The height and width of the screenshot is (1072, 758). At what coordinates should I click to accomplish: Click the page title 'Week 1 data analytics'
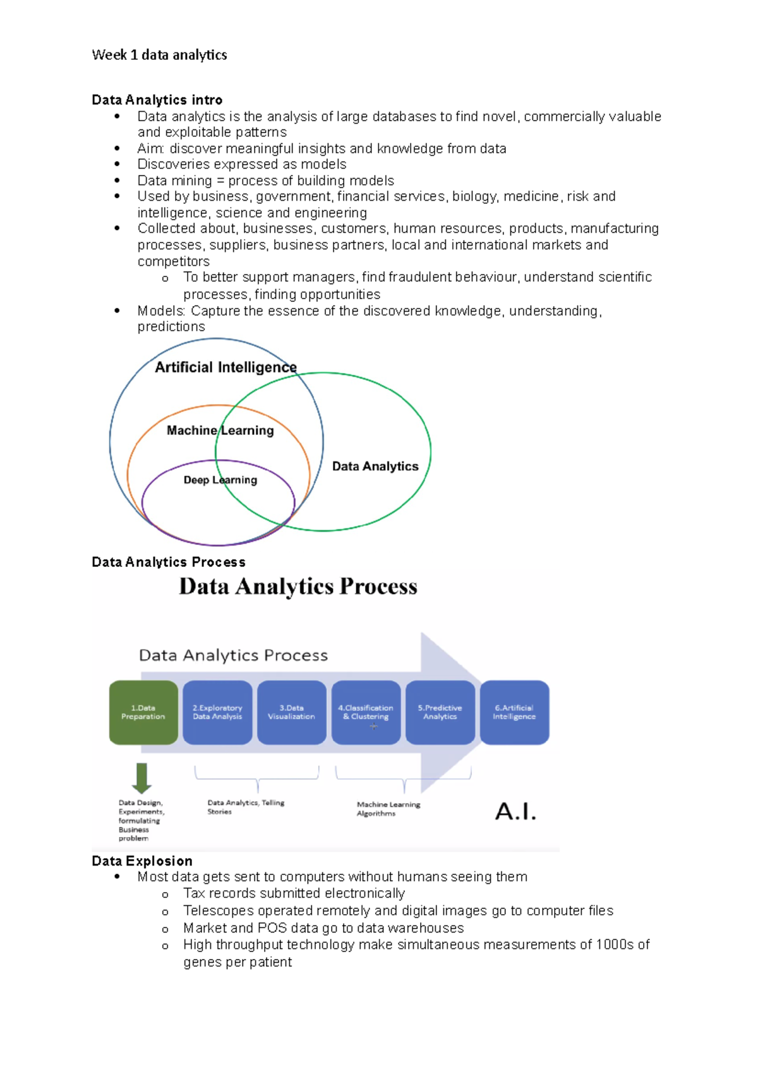coord(159,55)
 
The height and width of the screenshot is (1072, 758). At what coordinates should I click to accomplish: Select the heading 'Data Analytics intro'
coord(157,100)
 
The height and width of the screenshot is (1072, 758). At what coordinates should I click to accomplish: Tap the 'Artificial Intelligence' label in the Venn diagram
coord(226,367)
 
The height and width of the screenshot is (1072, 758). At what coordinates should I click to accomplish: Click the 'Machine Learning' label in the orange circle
coord(220,431)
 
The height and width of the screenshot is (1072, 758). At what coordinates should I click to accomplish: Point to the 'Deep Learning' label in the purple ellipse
coord(220,480)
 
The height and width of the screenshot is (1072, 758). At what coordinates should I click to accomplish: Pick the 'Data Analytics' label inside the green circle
coord(375,467)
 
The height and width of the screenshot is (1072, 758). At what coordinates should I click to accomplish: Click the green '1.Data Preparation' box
coord(143,712)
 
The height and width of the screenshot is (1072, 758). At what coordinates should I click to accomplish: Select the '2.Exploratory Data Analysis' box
coord(217,712)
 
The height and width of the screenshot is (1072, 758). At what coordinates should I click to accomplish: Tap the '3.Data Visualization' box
coord(291,712)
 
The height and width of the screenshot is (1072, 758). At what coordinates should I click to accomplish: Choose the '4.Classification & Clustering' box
coord(366,712)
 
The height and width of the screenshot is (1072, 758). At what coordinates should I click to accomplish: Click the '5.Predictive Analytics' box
coord(440,712)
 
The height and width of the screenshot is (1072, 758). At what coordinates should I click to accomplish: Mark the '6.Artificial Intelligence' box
coord(514,712)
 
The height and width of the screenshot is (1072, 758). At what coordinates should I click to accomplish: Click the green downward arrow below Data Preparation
coord(141,778)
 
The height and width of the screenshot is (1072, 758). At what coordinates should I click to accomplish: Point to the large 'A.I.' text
coord(515,811)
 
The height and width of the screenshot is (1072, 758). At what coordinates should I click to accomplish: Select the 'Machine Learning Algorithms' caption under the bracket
coord(388,809)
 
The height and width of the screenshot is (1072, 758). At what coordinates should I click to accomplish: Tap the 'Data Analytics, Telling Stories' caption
coord(245,807)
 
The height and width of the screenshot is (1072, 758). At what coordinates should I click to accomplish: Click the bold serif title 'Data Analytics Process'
coord(298,587)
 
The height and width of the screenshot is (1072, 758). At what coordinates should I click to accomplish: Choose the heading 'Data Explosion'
coord(142,861)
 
